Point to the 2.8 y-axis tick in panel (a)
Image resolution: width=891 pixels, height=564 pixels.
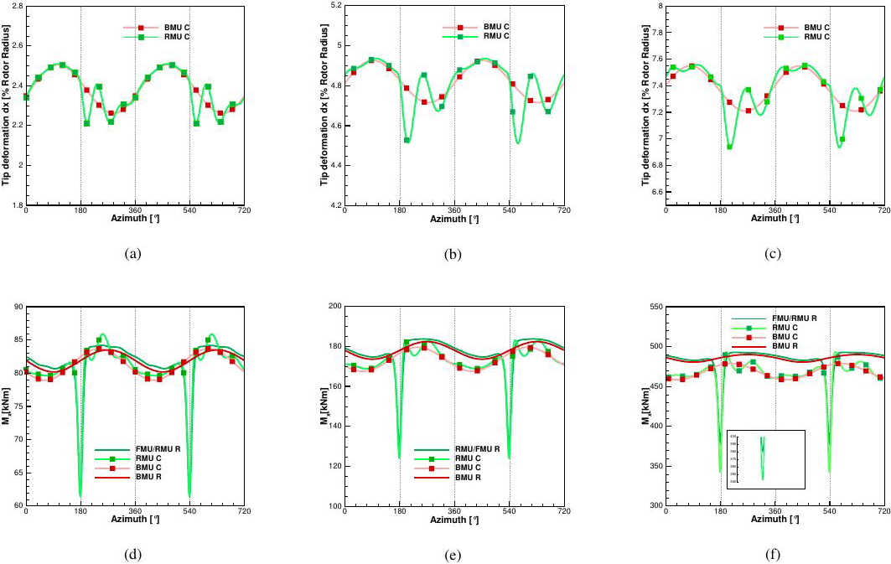pos(15,6)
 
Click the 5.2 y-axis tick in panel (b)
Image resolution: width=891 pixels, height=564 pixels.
pos(334,6)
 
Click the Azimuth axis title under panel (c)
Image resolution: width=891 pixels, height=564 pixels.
pos(774,219)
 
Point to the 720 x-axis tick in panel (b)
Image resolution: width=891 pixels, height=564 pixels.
pos(563,210)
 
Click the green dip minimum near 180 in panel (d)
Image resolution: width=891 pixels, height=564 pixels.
pos(80,496)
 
